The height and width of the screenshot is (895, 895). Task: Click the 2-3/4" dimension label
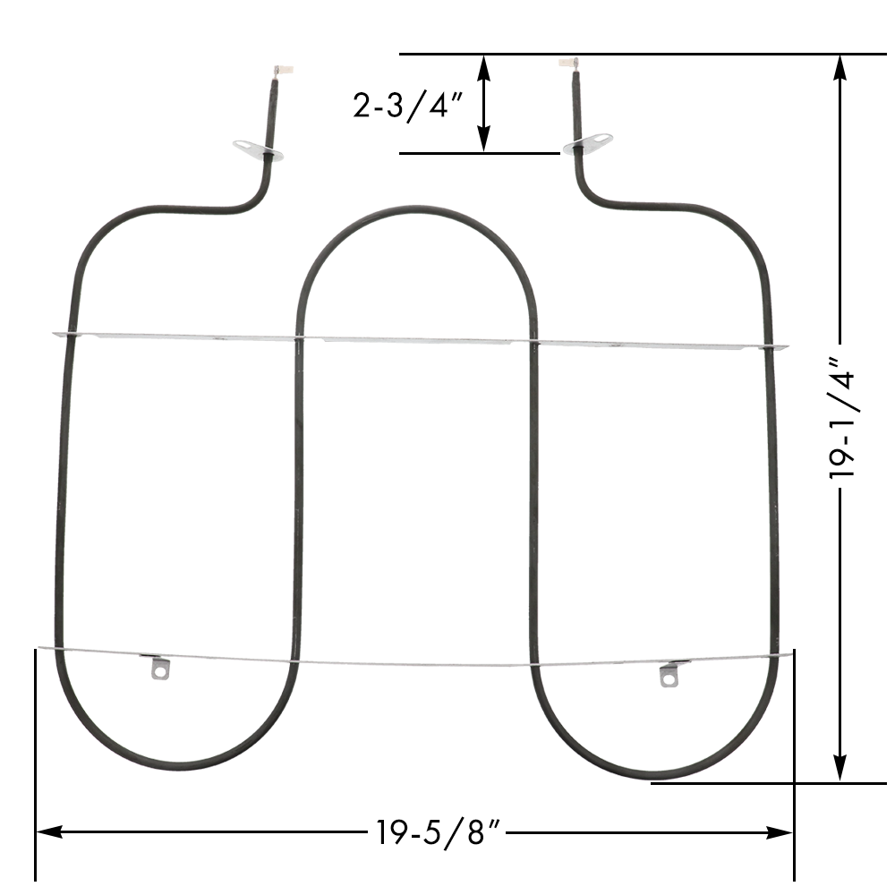(407, 105)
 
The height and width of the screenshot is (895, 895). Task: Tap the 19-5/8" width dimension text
(438, 832)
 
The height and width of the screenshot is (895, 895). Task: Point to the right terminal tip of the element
(566, 64)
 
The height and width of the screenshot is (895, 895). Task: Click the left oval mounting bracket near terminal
(258, 150)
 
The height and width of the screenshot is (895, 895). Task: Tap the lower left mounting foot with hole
(159, 669)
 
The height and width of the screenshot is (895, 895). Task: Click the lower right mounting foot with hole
(669, 677)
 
